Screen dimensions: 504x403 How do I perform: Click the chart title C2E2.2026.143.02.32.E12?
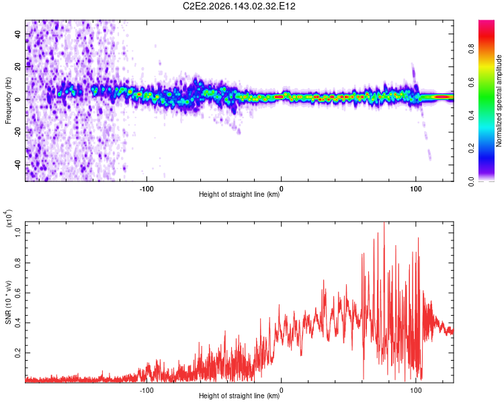[239, 6]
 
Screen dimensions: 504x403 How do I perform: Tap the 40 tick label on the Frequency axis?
[18, 34]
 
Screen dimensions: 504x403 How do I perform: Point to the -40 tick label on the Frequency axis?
[18, 165]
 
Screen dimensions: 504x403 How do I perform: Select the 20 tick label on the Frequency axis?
[18, 66]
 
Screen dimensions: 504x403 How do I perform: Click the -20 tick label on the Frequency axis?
[18, 132]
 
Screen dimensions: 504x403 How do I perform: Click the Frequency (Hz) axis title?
[8, 100]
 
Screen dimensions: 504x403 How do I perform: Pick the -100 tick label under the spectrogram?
[146, 189]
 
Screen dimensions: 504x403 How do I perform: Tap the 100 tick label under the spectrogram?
[415, 189]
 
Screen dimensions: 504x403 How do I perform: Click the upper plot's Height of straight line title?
[239, 194]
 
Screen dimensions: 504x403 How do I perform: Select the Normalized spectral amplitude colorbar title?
[499, 101]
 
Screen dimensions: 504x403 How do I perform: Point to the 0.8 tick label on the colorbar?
[471, 49]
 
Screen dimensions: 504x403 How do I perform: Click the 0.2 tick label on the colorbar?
[471, 148]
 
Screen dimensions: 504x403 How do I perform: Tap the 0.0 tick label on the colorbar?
[471, 181]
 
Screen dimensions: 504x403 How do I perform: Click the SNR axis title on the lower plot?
[8, 302]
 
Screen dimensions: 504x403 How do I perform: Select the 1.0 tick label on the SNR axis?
[18, 232]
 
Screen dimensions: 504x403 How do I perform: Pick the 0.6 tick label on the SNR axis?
[18, 293]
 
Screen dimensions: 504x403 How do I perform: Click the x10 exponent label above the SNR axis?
[8, 218]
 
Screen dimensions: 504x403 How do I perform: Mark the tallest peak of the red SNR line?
[384, 223]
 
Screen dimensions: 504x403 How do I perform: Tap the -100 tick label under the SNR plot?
[146, 390]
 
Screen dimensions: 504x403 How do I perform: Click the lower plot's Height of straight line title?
[239, 396]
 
